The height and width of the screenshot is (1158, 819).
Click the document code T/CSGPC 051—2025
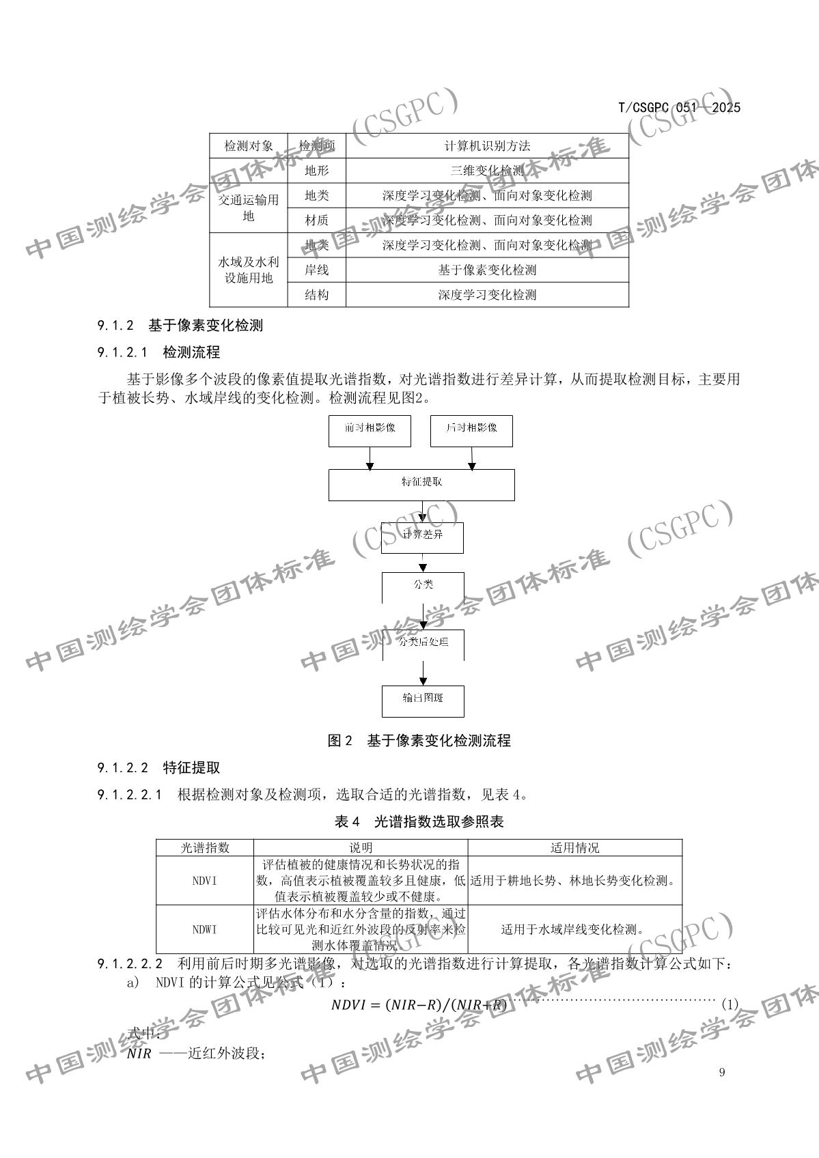(679, 107)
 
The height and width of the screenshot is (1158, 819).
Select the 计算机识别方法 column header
(486, 145)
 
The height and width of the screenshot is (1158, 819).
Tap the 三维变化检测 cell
(486, 171)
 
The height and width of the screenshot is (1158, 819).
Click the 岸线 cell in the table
(316, 270)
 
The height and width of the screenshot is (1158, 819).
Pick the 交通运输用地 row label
(249, 208)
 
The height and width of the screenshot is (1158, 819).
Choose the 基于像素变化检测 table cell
(486, 270)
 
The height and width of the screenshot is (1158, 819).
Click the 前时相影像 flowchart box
(370, 432)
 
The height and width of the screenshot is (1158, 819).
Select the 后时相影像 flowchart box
(471, 432)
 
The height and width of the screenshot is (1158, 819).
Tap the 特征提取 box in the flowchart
(421, 485)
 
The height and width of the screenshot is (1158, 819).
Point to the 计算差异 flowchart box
(422, 537)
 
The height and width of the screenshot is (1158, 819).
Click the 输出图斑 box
(423, 701)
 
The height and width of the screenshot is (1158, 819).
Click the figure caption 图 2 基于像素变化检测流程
(419, 741)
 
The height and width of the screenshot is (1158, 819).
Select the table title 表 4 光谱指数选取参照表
(419, 822)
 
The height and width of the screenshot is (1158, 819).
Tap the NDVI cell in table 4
(204, 881)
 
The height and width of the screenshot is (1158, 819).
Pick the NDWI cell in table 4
(204, 929)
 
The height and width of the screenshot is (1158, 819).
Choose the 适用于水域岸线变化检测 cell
(574, 929)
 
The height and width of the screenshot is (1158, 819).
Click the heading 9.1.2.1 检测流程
(158, 353)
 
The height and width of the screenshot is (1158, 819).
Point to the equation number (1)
(730, 1004)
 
